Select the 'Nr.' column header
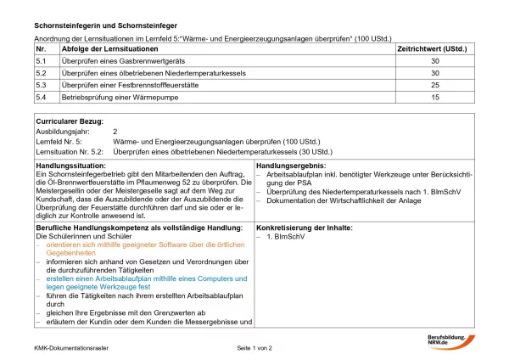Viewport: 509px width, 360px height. tap(41, 51)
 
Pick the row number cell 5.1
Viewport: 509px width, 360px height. tap(41, 62)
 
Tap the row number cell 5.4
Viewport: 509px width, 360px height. tap(41, 98)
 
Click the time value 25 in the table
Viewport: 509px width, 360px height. tap(435, 86)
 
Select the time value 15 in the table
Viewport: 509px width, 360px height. tap(435, 98)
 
